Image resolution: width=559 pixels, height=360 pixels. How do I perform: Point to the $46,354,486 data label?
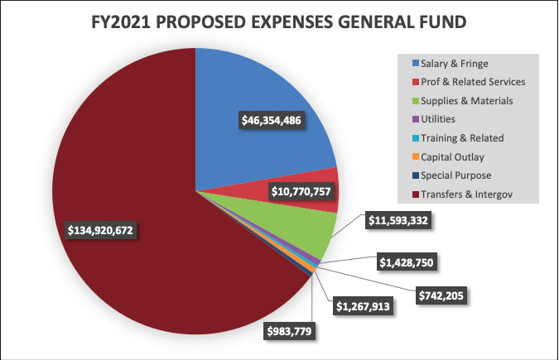coord(271,120)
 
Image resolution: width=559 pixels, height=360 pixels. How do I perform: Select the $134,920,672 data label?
coord(101,228)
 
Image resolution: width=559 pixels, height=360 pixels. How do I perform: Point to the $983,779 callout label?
coord(291,331)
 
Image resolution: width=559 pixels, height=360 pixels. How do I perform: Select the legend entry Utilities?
coord(438,119)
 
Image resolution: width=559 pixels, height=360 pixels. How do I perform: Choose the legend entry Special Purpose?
coord(455,176)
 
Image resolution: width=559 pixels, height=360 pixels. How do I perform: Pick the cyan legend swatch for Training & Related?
coord(414,138)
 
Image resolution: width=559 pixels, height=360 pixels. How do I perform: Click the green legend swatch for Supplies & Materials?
coord(414,100)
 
